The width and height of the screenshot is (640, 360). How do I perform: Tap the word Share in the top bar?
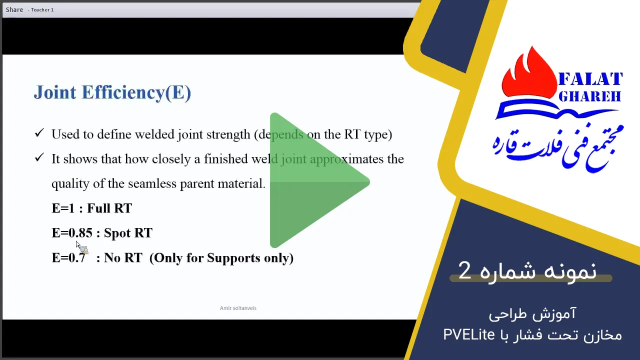click(14, 9)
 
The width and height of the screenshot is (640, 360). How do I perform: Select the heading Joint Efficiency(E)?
click(112, 92)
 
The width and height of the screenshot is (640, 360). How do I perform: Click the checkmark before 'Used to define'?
click(39, 133)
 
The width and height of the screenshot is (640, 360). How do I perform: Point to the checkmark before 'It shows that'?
click(39, 157)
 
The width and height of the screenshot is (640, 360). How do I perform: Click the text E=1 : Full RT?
click(91, 208)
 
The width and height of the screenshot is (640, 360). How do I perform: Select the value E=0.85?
click(72, 233)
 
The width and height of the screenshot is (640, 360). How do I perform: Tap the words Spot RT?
click(128, 233)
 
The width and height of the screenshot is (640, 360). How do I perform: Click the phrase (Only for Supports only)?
click(221, 257)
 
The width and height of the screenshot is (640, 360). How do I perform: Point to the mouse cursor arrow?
click(78, 245)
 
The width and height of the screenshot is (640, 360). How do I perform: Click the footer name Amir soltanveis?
click(238, 308)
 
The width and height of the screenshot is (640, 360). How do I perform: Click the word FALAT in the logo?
click(590, 79)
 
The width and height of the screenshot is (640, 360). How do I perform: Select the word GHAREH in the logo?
click(589, 96)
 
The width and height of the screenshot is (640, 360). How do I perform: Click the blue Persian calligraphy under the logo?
click(557, 147)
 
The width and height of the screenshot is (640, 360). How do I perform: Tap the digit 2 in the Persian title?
click(464, 270)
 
